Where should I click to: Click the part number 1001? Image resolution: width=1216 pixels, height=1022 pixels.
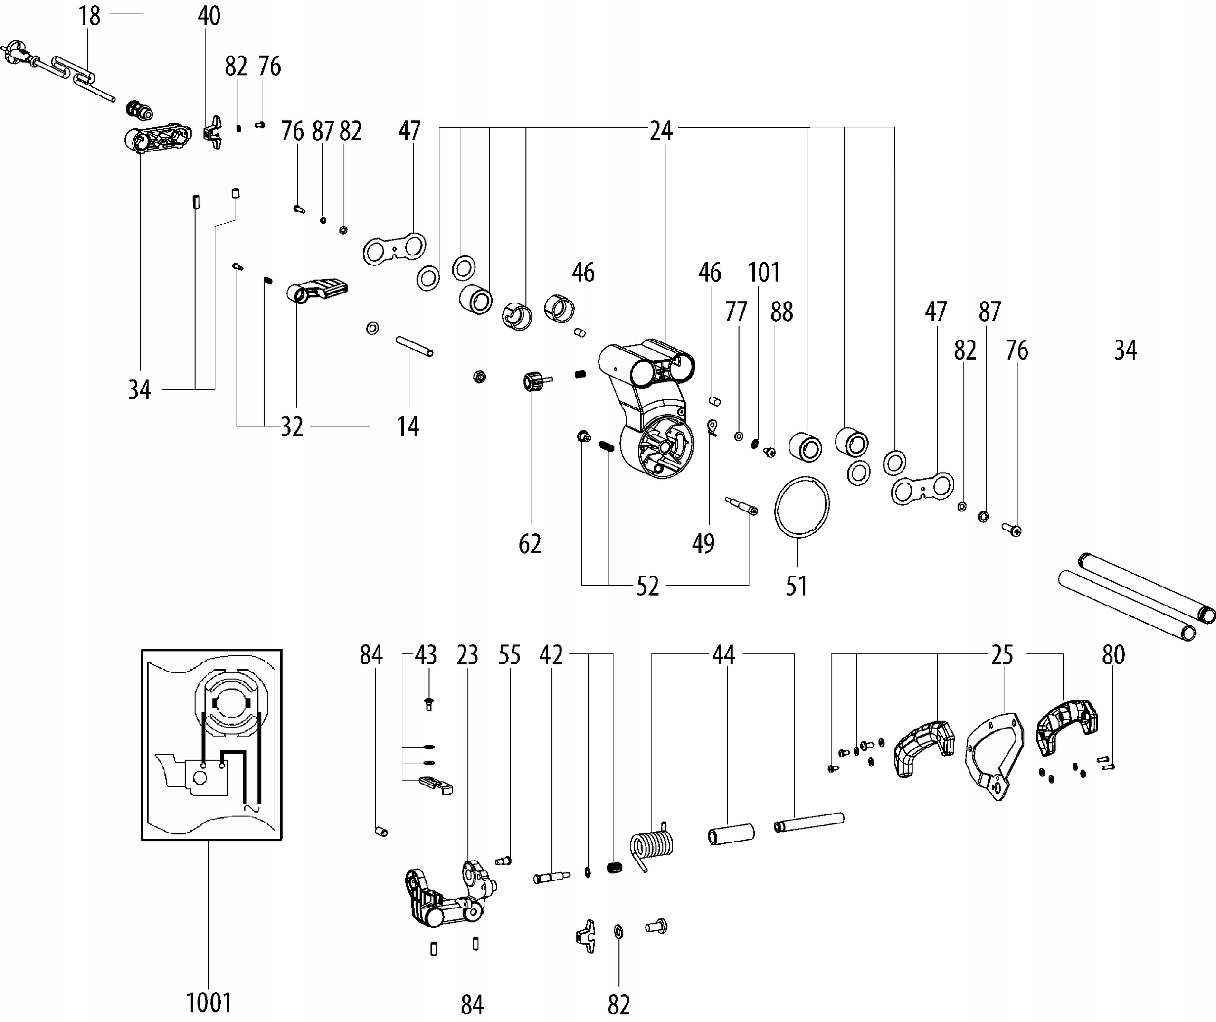tap(209, 1003)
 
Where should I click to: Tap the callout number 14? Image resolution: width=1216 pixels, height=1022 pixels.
tap(408, 427)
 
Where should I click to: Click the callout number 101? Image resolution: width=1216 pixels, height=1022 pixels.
tap(763, 272)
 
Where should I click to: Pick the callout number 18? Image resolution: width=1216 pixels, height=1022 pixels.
tap(90, 16)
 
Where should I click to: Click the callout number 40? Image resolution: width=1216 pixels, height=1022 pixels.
tap(209, 16)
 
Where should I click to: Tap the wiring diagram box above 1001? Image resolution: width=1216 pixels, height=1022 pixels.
tap(212, 745)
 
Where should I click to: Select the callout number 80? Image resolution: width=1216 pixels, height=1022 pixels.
tap(1113, 655)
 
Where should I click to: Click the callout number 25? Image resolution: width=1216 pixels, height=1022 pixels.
tap(1002, 655)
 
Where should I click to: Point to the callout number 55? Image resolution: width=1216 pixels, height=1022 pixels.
tap(509, 655)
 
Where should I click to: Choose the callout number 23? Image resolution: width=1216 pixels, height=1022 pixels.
tap(467, 655)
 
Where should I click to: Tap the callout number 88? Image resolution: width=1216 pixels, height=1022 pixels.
tap(781, 312)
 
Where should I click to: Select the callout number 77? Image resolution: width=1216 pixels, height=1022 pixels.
tap(736, 312)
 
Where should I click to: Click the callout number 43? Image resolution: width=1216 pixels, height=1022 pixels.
tap(426, 655)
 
